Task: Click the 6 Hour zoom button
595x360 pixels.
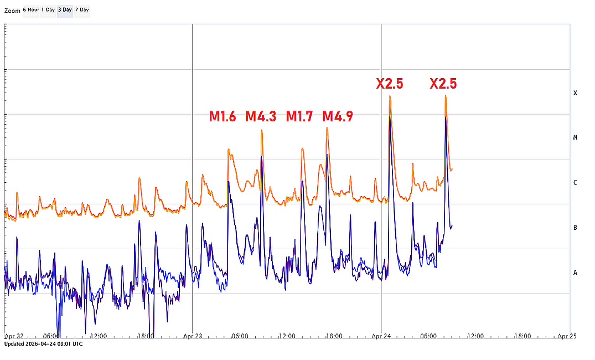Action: [31, 10]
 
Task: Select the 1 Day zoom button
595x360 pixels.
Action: [48, 10]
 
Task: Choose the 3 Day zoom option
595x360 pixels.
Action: [65, 10]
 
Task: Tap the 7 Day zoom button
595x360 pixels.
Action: [82, 10]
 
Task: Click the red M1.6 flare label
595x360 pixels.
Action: [223, 116]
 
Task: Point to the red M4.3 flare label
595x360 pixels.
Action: [261, 116]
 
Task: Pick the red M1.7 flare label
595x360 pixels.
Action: [299, 116]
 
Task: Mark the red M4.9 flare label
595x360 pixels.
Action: [338, 116]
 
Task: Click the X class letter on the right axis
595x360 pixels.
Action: [576, 93]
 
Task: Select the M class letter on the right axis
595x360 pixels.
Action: [576, 137]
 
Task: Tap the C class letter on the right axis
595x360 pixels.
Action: [576, 183]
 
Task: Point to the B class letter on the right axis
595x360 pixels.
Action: [576, 228]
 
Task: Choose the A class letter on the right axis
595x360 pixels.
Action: [576, 272]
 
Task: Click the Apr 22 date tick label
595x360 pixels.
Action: [14, 336]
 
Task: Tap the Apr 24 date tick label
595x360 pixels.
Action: [381, 336]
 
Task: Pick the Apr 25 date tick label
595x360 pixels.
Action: [567, 336]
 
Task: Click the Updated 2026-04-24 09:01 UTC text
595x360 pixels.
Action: [43, 344]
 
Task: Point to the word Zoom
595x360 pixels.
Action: [12, 11]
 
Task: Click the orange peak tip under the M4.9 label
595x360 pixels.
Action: [327, 128]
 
